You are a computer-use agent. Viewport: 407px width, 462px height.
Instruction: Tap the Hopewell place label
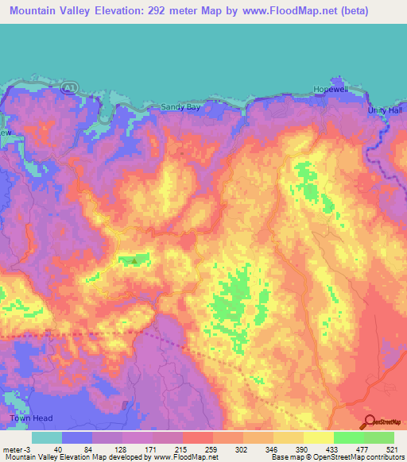point(331,90)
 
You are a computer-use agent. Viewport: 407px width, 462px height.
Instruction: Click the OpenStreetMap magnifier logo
point(369,422)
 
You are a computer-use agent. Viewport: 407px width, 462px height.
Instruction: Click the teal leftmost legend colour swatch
point(46,437)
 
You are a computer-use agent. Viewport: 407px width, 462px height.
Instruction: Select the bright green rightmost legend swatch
point(378,437)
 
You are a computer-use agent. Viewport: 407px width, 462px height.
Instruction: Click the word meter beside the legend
point(10,448)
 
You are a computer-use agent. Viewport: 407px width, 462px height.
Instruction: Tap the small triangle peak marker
point(134,258)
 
